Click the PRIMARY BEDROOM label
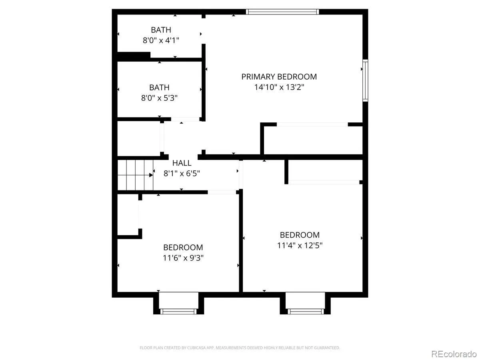coord(279,77)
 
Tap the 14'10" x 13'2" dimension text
coord(279,87)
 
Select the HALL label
coord(182,163)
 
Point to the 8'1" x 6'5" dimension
coord(182,174)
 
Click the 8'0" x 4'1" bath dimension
coord(161,40)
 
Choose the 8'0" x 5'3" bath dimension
coord(159,98)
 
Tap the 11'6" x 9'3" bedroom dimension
coord(183,258)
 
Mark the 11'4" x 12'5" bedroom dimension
coord(300,246)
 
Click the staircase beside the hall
coord(135,175)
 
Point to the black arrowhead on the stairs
coord(151,175)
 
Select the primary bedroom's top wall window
coord(282,12)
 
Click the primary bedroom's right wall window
coord(365,80)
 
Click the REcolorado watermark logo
coord(454,354)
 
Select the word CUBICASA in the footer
coord(196,348)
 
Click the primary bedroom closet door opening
coord(312,124)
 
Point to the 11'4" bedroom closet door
coord(324,182)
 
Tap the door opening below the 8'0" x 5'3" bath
coord(185,119)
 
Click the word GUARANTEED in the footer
coord(327,348)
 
